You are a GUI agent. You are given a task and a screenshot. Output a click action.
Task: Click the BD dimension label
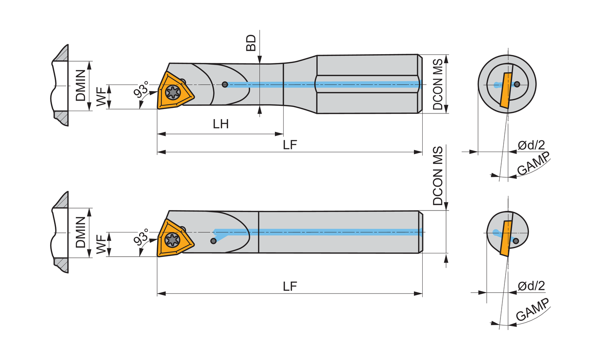(x=251, y=43)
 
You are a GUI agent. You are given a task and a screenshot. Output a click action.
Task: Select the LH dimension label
(x=221, y=124)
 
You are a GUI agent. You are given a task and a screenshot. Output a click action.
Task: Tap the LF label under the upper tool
(x=290, y=145)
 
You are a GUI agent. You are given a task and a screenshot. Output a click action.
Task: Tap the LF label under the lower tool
(x=290, y=287)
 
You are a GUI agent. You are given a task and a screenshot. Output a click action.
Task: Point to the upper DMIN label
(x=81, y=85)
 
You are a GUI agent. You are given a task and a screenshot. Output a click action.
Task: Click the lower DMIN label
(x=81, y=232)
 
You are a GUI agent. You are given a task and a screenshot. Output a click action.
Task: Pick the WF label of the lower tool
(x=101, y=244)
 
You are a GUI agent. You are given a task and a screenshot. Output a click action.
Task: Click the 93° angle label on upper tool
(x=141, y=89)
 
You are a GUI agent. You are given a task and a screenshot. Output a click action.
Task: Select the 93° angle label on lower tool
(x=141, y=237)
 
